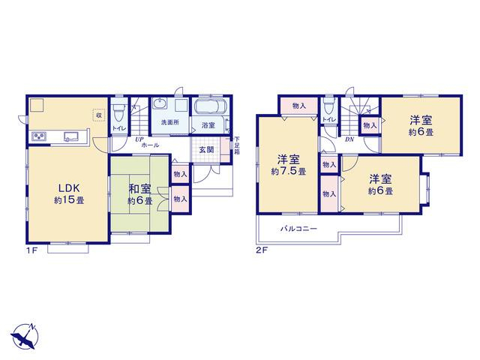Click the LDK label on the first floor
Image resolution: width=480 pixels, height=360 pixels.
[x=69, y=187]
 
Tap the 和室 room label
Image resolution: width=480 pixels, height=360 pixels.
[x=139, y=189]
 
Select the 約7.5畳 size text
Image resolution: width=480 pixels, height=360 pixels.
[x=288, y=172]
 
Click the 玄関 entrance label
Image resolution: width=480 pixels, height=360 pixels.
[x=207, y=150]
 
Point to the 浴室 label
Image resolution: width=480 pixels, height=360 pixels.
[x=208, y=125]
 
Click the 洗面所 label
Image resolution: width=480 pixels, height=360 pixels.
[x=170, y=122]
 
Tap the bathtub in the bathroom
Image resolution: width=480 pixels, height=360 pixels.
[x=210, y=107]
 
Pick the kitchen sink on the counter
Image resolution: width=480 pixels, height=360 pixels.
[x=71, y=136]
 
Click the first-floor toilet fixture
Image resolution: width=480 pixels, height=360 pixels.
[x=118, y=111]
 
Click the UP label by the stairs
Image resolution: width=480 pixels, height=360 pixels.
[x=139, y=139]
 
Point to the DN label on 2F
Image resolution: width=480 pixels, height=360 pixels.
[x=349, y=139]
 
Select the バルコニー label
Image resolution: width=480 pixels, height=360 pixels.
[x=298, y=229]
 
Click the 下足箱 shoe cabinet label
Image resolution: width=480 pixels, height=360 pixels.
[x=237, y=145]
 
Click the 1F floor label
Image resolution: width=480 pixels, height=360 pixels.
[x=31, y=250]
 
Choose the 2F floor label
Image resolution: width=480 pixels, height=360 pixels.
[x=262, y=250]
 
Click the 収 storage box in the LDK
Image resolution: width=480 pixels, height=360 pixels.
[x=99, y=115]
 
